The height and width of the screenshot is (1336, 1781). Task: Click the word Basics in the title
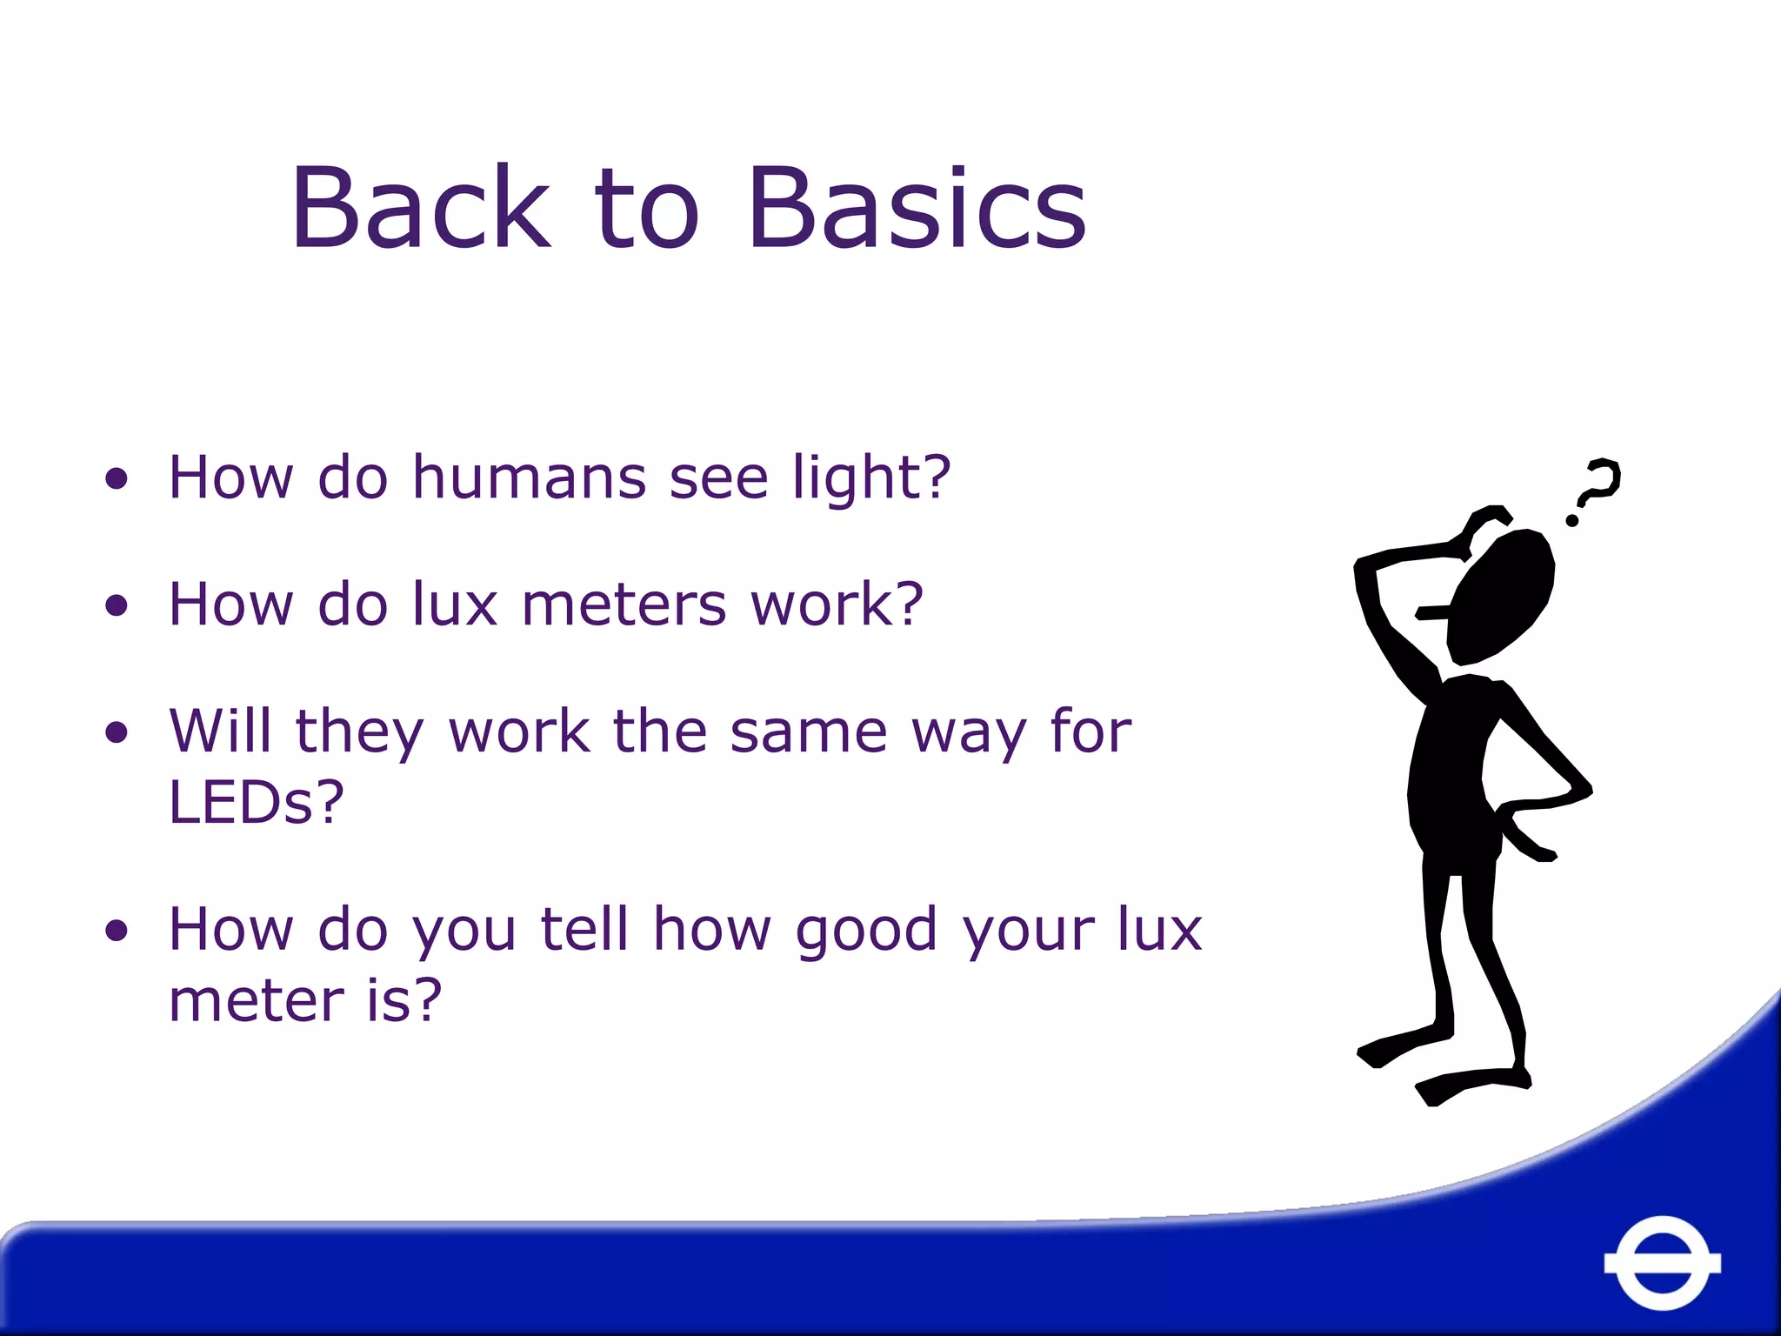[x=917, y=209]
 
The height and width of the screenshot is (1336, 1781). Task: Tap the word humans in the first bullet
[x=529, y=478]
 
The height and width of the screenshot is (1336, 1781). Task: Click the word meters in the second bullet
[x=624, y=605]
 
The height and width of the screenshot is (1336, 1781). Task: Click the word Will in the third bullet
[x=220, y=731]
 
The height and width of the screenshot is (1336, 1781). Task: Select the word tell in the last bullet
[x=584, y=929]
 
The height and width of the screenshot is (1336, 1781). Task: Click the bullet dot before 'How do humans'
[x=117, y=478]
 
